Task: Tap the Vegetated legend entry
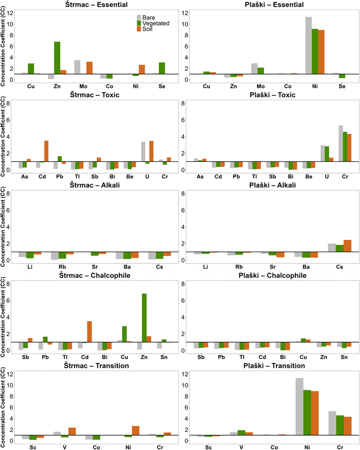(x=156, y=23)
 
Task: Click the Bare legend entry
(x=150, y=17)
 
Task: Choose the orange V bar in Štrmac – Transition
(x=72, y=431)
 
